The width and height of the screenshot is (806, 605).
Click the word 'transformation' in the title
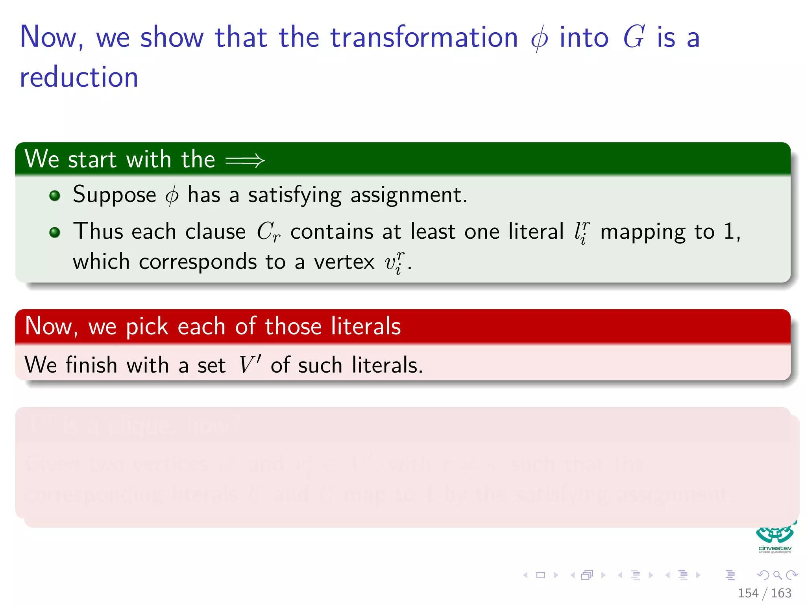point(424,37)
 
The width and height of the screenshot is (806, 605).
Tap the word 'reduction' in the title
point(79,77)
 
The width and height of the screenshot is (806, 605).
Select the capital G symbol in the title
point(634,37)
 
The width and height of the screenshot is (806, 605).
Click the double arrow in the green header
point(245,160)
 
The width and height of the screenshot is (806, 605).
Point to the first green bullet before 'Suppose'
point(55,196)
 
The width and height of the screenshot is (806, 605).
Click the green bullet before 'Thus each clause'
point(55,232)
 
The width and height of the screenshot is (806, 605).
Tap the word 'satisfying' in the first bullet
point(295,195)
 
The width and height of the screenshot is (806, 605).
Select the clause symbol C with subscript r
point(268,232)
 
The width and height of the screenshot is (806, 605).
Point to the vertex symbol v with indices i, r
point(394,263)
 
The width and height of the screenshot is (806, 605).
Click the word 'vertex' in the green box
point(344,262)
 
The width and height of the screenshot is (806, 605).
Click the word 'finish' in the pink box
point(91,365)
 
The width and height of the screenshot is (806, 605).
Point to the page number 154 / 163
point(764,593)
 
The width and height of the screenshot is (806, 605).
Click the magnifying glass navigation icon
point(777,575)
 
